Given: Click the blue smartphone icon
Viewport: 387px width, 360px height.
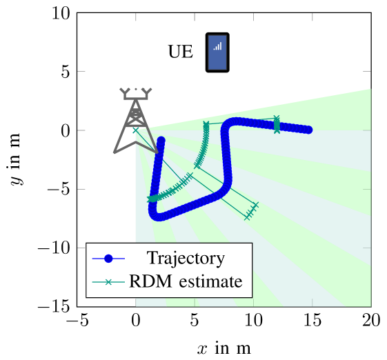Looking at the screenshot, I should pos(217,52).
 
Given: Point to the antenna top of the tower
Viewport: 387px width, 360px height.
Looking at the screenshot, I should pos(136,91).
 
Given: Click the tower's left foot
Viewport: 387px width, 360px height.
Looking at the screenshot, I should pos(115,151).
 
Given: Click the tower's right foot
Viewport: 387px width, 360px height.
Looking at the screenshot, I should pos(157,152).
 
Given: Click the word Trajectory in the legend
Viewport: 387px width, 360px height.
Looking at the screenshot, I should pos(186,259).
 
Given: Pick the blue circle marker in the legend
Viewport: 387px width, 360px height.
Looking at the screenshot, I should pos(108,259).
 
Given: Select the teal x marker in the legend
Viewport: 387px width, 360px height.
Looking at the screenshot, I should pos(108,282).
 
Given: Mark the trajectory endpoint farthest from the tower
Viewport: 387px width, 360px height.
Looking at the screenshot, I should pos(308,130).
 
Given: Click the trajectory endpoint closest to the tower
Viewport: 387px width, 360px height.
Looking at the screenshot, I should pos(161,141).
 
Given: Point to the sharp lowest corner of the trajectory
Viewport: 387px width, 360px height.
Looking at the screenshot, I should pos(155,214).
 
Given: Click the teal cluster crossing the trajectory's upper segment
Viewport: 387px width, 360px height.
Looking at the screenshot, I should pos(277,124).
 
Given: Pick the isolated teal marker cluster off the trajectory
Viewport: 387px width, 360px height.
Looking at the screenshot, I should pos(251,211).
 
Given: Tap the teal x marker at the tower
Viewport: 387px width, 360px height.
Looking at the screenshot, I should pos(135,130).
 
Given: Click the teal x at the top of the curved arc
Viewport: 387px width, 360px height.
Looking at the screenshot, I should pos(206,125).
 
